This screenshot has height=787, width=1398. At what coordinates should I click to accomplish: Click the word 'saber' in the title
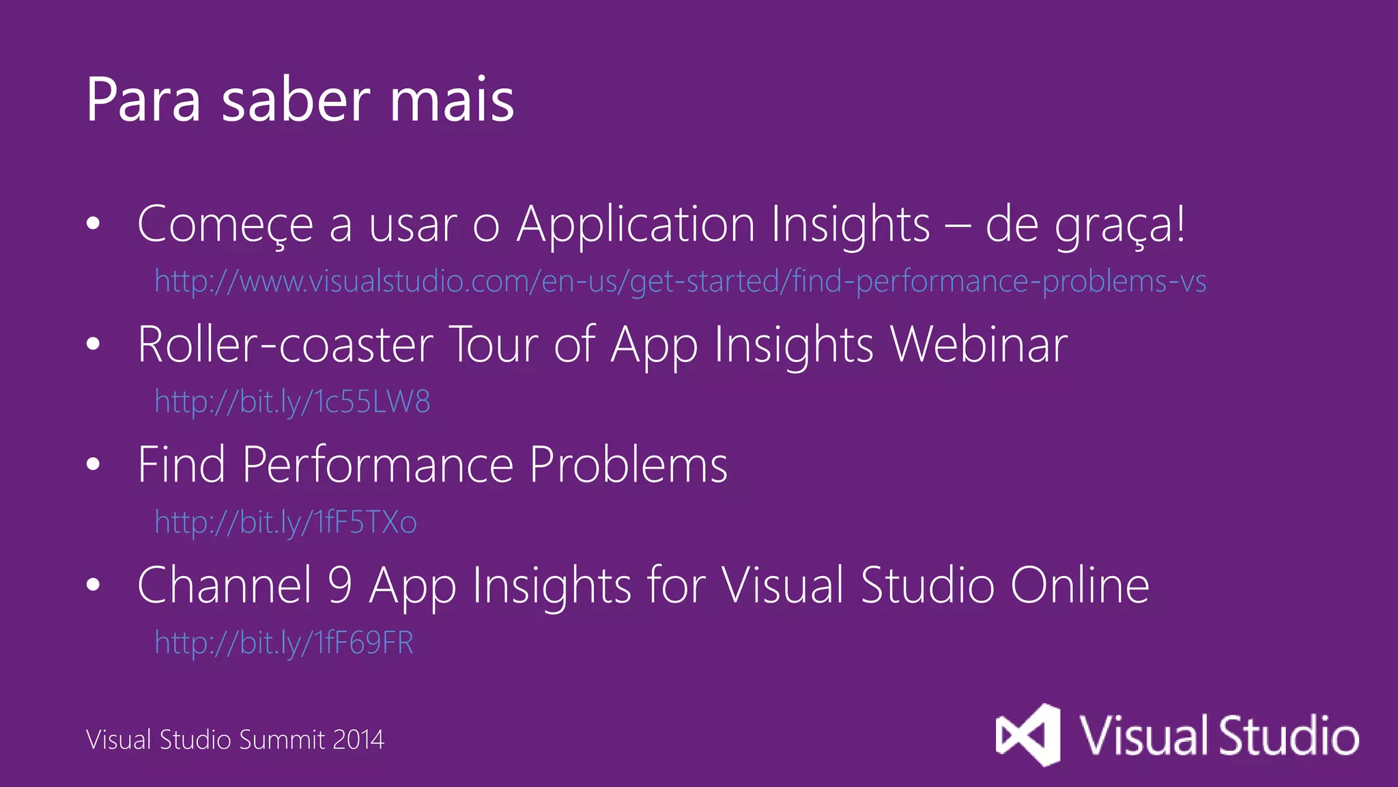coord(296,101)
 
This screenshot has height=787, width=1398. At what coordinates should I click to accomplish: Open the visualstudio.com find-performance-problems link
coord(680,281)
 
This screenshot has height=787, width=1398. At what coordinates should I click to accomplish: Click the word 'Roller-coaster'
coord(285,344)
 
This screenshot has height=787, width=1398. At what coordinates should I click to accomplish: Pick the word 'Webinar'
coord(979,344)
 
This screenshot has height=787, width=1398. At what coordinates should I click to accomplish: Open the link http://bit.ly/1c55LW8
coord(292,402)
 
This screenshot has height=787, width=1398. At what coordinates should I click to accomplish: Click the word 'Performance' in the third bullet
coord(377,465)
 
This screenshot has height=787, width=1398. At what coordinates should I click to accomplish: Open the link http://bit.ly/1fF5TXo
coord(285,523)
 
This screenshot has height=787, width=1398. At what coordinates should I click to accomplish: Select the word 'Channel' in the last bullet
coord(225,585)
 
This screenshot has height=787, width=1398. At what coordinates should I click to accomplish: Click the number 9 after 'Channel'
coord(340,585)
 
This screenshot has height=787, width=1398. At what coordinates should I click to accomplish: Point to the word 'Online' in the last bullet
coord(1080,585)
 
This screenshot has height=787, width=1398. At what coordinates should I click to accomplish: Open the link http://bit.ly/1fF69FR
coord(284,643)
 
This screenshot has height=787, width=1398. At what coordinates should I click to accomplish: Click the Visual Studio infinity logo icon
coord(1028,735)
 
